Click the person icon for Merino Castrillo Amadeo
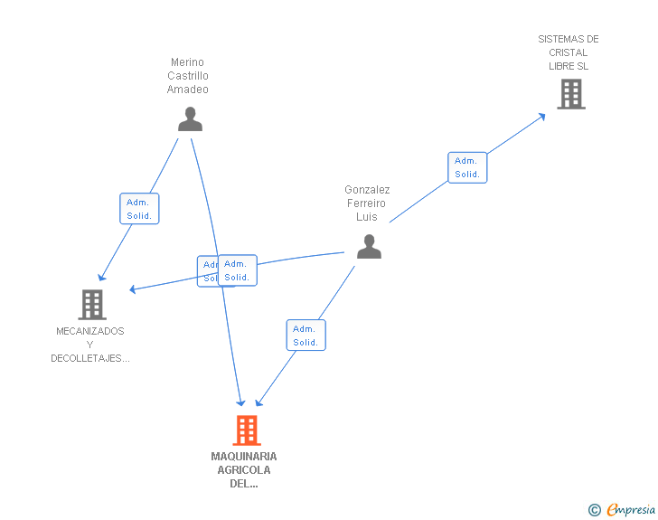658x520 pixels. click(x=190, y=119)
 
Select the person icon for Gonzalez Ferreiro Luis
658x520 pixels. click(x=369, y=246)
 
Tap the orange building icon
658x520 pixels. click(x=247, y=430)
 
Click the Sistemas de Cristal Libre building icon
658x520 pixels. click(x=570, y=94)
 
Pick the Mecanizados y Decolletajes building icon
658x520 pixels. click(x=92, y=305)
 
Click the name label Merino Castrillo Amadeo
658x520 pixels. click(x=188, y=76)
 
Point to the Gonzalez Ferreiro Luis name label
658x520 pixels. click(x=367, y=203)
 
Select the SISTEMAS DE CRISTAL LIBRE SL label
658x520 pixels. click(x=569, y=52)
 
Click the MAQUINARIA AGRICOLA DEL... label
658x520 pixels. click(x=244, y=469)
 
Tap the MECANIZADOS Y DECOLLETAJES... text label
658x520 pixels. click(x=90, y=345)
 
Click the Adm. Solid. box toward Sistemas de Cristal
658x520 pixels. click(x=467, y=167)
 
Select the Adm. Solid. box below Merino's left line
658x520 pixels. click(x=139, y=209)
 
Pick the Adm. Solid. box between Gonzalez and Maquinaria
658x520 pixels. click(x=305, y=336)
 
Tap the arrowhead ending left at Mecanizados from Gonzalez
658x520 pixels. click(x=133, y=289)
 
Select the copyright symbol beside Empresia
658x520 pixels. click(x=594, y=511)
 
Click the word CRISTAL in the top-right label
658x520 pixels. click(x=569, y=52)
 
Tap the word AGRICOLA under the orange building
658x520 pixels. click(x=244, y=469)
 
